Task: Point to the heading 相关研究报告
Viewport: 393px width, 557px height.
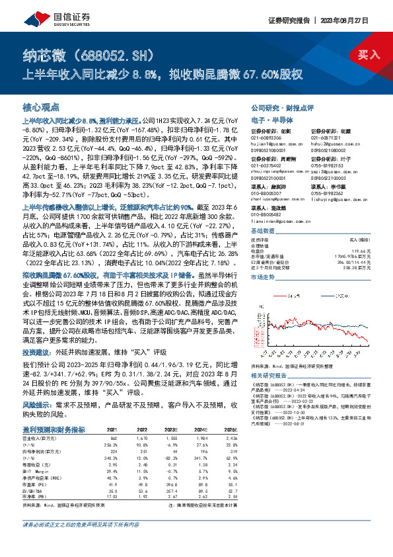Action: click(x=268, y=374)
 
